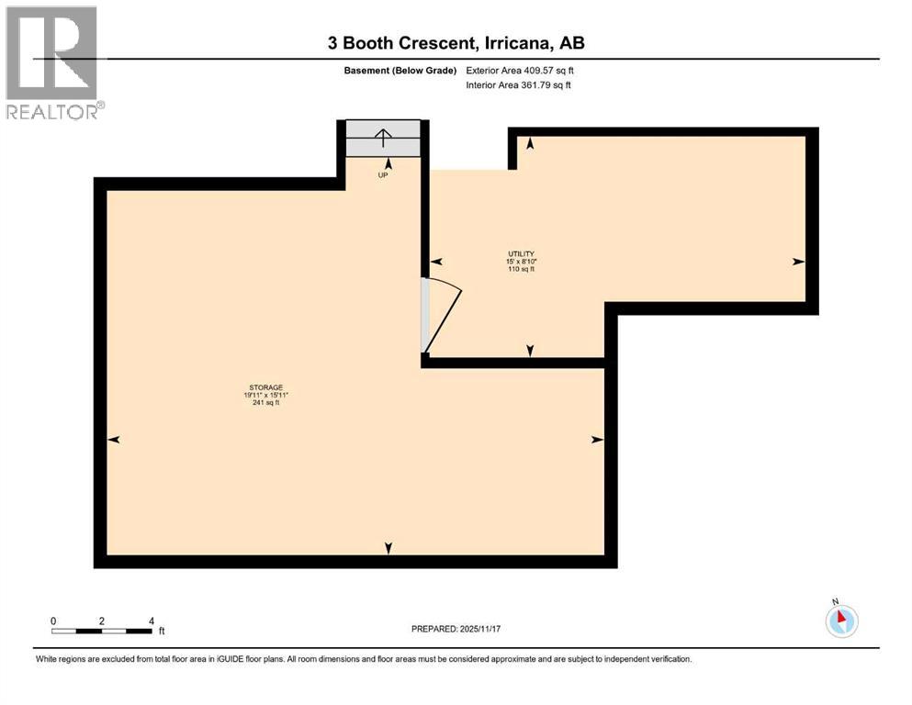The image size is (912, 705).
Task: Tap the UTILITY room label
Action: pos(522,254)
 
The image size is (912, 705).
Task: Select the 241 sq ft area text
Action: pos(265,402)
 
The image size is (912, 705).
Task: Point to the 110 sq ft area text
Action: pos(522,269)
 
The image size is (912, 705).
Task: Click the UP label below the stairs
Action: pos(383,174)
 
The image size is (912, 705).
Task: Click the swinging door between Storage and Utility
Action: pos(442,317)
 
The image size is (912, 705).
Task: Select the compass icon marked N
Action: pos(841,620)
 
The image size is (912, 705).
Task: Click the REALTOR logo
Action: pos(54,63)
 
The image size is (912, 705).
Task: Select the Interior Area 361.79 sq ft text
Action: pos(518,85)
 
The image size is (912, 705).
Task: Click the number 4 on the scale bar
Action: pos(152,621)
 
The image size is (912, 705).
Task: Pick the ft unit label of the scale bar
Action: pos(162,632)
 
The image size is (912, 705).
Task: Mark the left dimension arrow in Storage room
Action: pos(114,441)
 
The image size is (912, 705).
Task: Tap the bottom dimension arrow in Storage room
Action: pos(388,548)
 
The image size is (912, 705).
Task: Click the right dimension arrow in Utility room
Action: pos(798,262)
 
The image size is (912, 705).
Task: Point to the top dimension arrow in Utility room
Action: pos(530,142)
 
